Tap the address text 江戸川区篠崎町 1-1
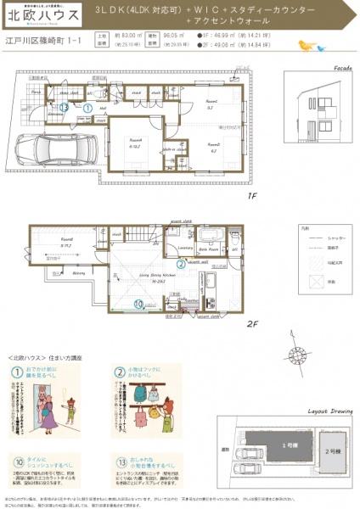click(x=42, y=40)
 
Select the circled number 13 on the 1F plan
click(x=65, y=107)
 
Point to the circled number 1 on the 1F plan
click(x=87, y=108)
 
